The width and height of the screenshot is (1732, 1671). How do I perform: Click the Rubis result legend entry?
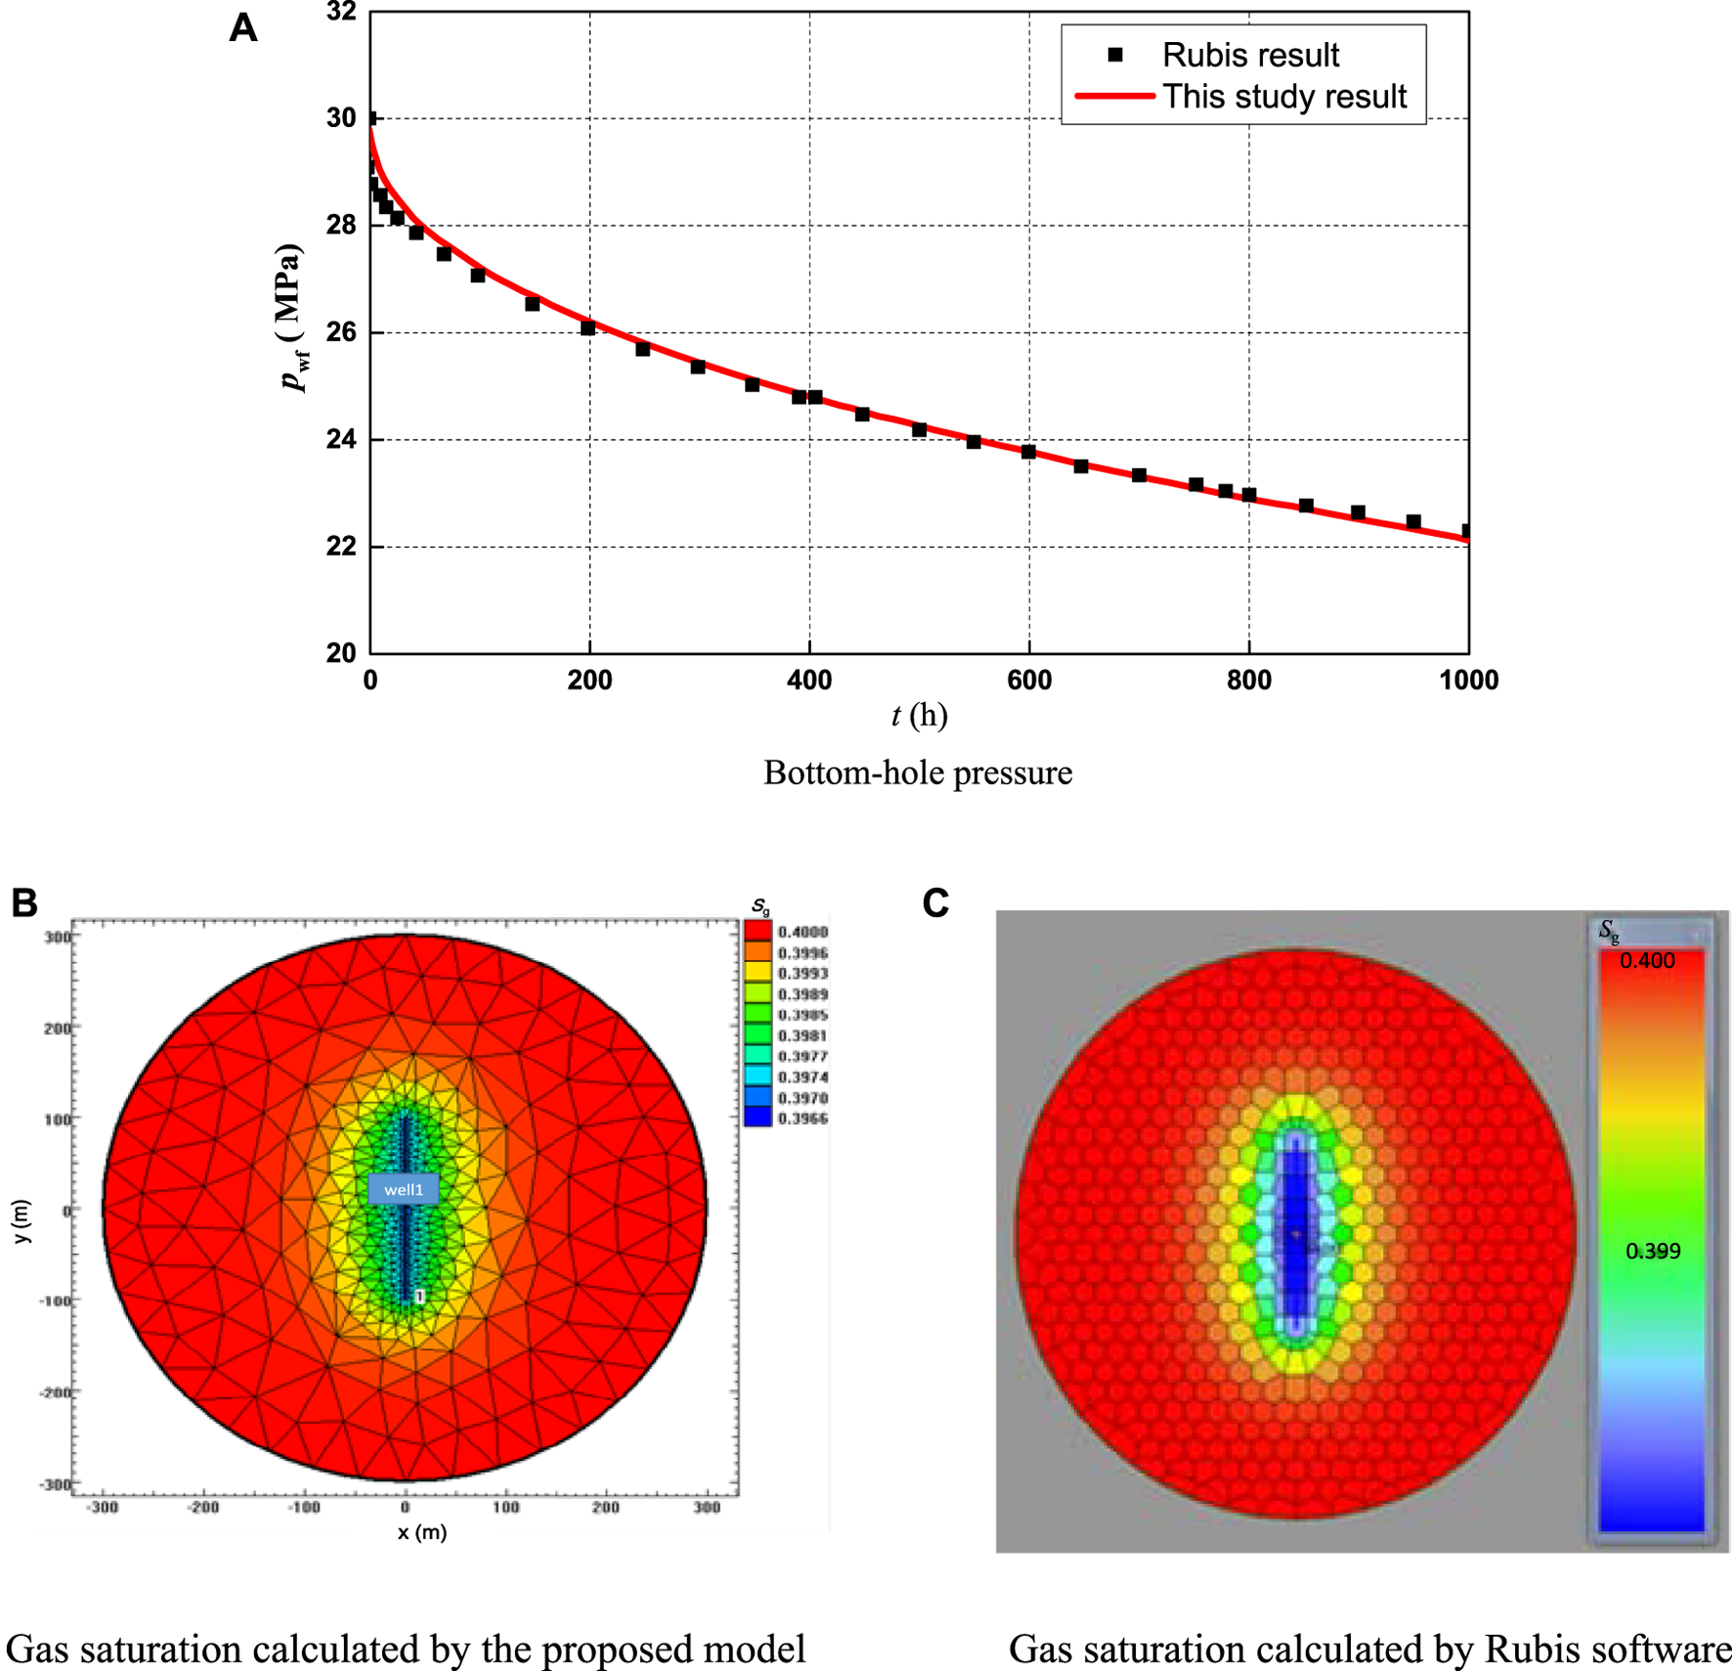click(1249, 56)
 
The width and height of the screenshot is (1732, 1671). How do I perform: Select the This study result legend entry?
click(1283, 97)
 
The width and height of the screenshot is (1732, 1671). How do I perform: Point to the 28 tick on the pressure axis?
click(341, 225)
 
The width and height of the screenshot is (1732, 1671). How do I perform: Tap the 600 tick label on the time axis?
click(1028, 680)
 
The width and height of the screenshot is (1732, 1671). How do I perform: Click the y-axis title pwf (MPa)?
click(290, 318)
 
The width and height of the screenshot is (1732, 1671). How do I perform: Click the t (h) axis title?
click(919, 716)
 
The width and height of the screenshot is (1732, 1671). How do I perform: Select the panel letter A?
click(243, 27)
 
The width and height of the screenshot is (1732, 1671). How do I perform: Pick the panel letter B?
click(24, 902)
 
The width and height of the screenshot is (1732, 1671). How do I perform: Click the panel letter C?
click(935, 902)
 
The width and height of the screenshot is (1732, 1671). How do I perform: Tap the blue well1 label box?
click(404, 1189)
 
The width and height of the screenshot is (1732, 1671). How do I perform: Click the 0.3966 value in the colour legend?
click(802, 1119)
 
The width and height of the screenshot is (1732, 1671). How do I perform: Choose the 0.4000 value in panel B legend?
click(802, 932)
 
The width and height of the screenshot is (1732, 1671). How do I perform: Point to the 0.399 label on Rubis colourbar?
click(1652, 1251)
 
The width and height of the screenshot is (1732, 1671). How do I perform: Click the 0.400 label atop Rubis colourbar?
click(1647, 960)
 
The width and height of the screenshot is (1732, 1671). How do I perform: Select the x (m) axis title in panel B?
click(422, 1532)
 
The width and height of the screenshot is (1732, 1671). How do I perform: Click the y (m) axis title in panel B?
click(22, 1221)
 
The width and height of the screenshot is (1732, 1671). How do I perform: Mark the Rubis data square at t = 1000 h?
click(1466, 531)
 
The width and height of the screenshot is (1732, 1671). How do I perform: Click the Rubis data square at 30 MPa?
click(370, 118)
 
